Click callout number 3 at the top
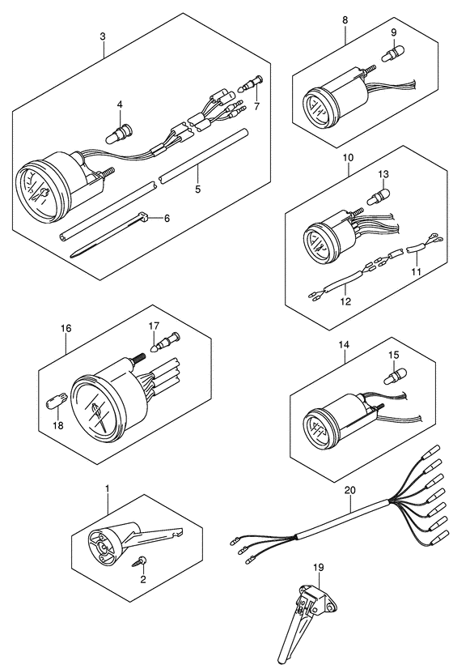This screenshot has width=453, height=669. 102,36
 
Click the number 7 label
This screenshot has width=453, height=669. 256,107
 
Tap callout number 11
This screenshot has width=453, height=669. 416,272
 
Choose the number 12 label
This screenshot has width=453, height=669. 345,301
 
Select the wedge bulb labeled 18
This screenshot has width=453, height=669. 55,403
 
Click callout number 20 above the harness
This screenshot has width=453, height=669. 349,491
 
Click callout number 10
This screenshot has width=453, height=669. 348,158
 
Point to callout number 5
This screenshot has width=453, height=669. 197,189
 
